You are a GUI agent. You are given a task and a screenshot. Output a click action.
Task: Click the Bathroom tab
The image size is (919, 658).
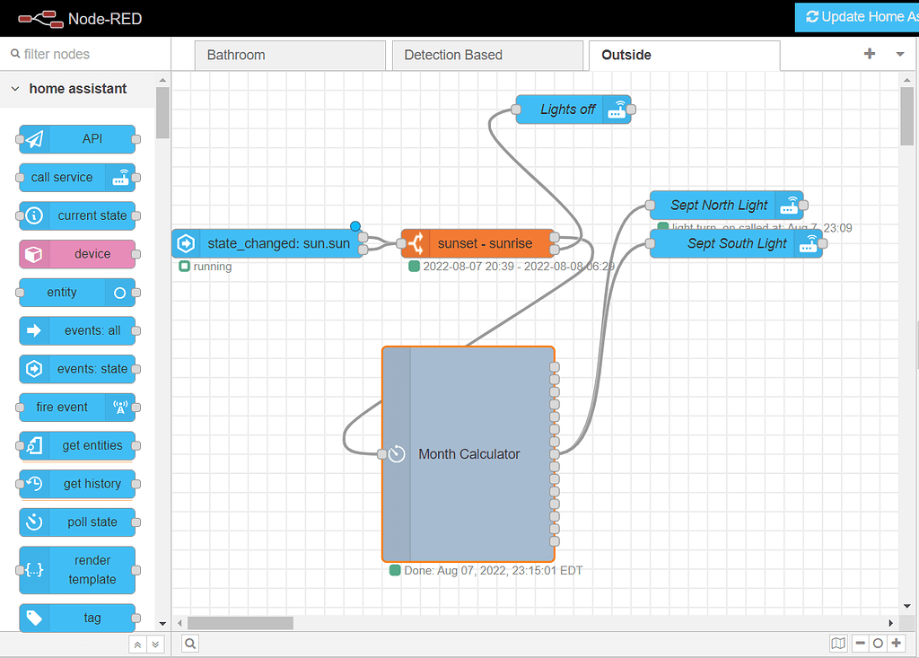coord(236,56)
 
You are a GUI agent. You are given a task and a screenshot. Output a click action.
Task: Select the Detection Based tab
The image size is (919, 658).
coord(453,56)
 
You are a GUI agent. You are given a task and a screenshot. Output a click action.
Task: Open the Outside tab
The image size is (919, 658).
coord(626,56)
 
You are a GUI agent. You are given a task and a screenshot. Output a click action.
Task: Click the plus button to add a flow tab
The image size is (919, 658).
coord(869,54)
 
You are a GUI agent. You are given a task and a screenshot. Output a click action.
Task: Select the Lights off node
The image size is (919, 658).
coord(567,110)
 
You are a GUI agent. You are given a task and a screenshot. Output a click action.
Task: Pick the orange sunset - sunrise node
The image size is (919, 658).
coord(485,243)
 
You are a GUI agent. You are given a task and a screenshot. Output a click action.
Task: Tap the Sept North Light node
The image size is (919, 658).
coord(718,206)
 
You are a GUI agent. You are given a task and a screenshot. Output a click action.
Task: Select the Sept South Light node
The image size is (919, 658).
coord(736,243)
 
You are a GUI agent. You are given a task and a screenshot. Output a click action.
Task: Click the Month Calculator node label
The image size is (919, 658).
coord(468,454)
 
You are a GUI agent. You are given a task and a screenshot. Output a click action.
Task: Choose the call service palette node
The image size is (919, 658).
coord(62,178)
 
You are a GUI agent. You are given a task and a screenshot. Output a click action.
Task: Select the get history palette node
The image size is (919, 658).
coord(91,484)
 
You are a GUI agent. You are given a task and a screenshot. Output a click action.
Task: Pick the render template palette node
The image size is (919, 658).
coord(92,570)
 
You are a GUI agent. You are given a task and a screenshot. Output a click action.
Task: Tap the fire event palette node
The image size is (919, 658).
coord(62,408)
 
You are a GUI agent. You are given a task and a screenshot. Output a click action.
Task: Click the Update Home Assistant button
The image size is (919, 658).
coord(857,17)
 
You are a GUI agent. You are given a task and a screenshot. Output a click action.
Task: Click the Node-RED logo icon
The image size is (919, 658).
coord(38,18)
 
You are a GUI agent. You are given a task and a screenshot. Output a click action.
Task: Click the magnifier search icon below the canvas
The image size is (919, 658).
coord(191,643)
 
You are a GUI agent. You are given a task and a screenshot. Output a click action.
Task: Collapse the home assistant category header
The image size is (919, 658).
coord(77,89)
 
